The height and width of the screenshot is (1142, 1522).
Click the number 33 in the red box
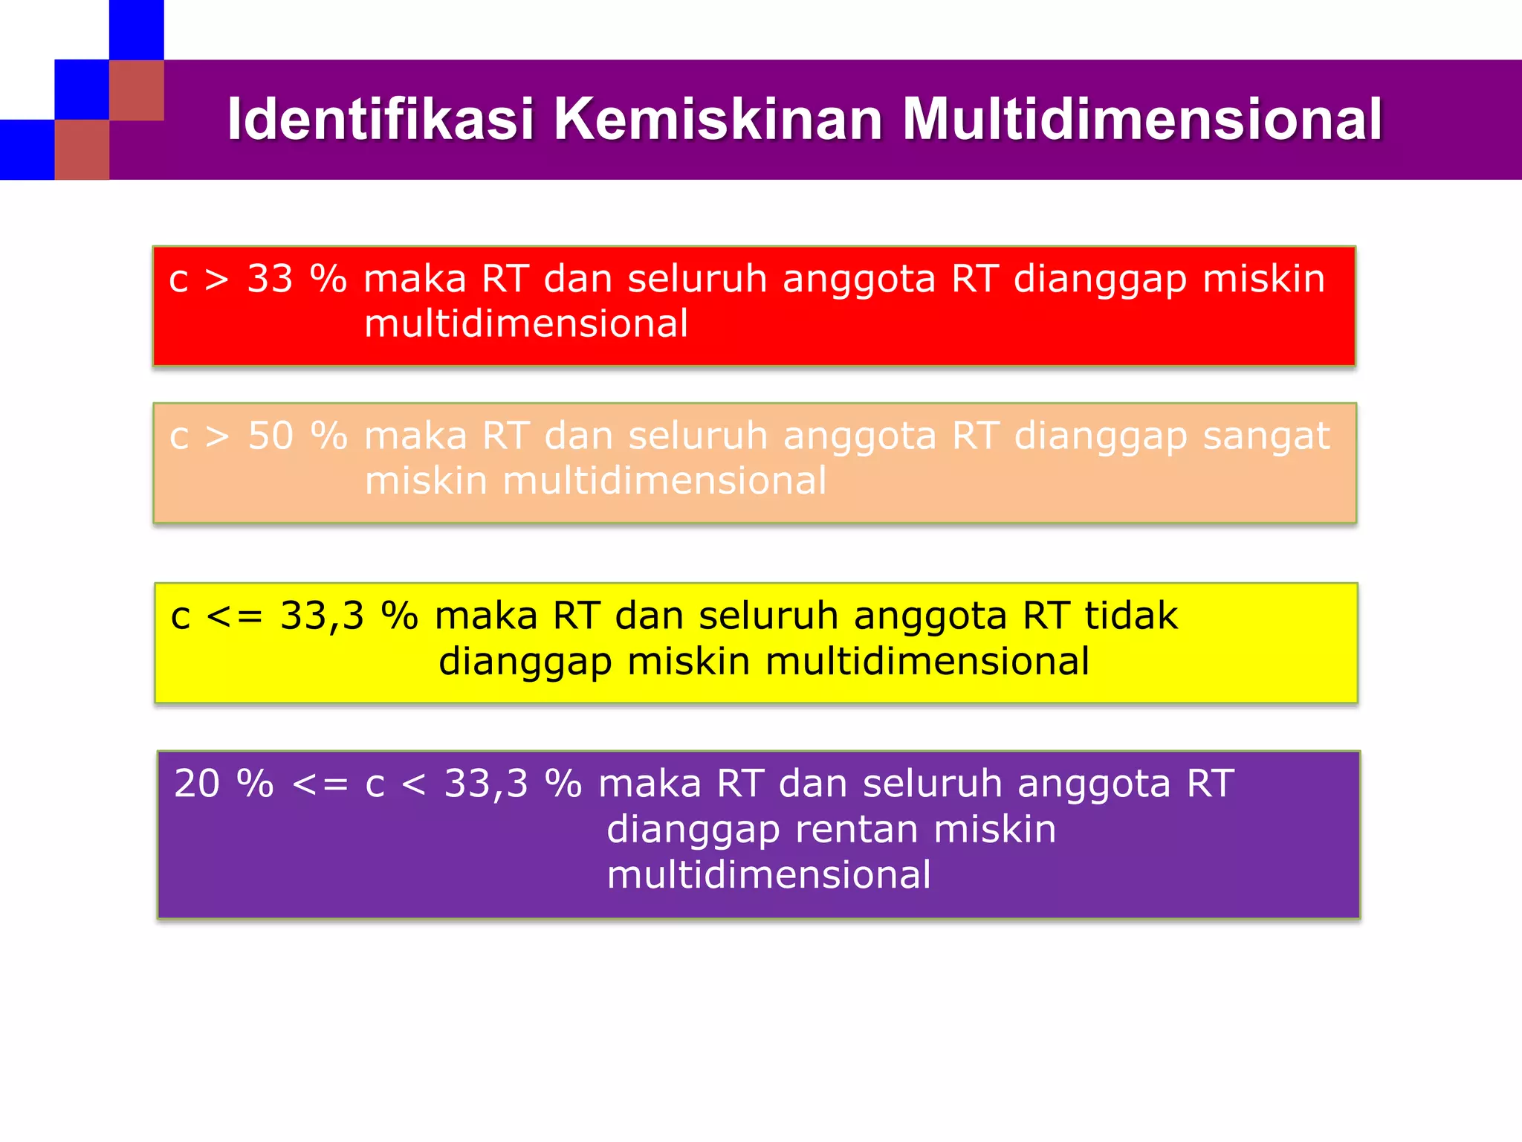(x=270, y=280)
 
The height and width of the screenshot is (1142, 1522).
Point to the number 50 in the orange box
(x=271, y=436)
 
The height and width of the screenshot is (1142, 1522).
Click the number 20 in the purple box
(x=197, y=784)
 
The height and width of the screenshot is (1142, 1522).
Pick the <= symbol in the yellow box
(x=234, y=616)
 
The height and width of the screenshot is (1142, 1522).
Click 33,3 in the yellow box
(x=322, y=616)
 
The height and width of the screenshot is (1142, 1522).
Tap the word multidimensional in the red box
(x=526, y=324)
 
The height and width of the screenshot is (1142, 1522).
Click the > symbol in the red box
(x=216, y=280)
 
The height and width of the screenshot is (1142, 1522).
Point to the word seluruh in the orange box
(x=698, y=436)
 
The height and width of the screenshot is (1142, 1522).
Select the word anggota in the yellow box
(x=930, y=616)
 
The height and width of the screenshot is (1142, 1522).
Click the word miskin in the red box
(x=1263, y=280)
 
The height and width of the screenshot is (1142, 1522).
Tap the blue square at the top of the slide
(x=136, y=30)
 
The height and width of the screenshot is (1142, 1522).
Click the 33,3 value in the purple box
(x=486, y=784)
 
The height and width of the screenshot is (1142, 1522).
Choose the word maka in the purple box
(x=650, y=784)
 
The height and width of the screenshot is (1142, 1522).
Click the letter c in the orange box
(x=179, y=436)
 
